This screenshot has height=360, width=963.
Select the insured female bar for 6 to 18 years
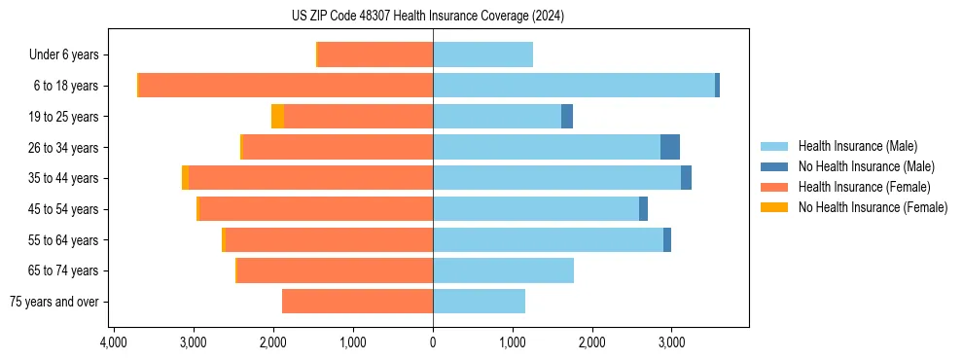286,86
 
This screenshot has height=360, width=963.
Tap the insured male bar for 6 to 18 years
574,86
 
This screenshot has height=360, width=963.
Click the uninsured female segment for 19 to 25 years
277,117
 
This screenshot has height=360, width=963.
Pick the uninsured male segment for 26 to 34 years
669,147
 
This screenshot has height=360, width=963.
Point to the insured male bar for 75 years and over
479,302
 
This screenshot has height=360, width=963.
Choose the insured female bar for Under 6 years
375,54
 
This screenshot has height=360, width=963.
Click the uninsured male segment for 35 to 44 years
686,178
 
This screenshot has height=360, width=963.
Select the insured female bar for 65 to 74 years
335,270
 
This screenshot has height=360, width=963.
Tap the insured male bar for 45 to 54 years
536,209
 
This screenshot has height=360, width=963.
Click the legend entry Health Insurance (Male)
857,146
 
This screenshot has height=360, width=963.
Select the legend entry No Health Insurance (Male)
866,166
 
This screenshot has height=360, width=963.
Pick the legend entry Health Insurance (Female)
864,187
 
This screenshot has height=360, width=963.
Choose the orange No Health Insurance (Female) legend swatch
774,207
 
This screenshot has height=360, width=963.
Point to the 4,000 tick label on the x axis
114,342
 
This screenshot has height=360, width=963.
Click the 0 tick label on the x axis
433,342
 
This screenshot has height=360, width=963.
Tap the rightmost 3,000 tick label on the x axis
672,342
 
